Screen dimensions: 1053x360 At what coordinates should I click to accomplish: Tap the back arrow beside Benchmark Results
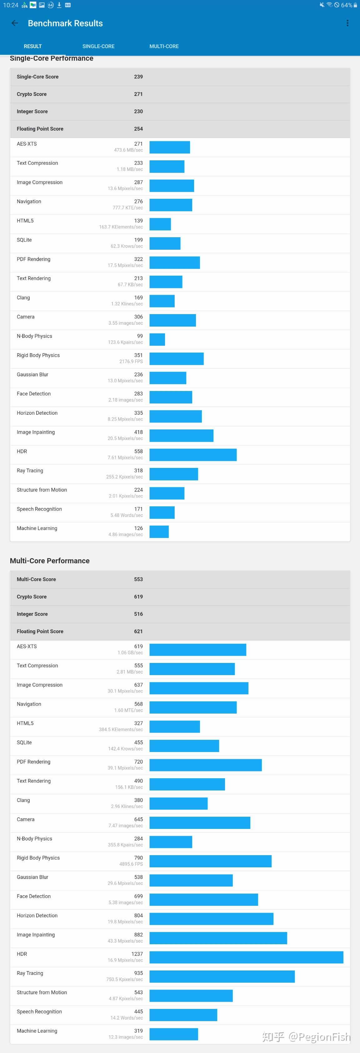pyautogui.click(x=15, y=23)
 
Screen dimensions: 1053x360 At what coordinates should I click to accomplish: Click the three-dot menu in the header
pyautogui.click(x=347, y=23)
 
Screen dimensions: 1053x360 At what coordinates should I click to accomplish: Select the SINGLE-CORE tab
pyautogui.click(x=98, y=46)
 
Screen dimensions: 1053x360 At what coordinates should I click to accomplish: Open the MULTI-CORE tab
pyautogui.click(x=164, y=46)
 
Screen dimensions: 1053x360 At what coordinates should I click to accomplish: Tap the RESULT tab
pyautogui.click(x=33, y=46)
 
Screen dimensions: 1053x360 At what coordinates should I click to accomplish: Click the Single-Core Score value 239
pyautogui.click(x=138, y=77)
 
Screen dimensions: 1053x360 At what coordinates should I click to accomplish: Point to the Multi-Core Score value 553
pyautogui.click(x=138, y=579)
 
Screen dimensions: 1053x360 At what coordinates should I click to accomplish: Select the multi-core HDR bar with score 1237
pyautogui.click(x=246, y=957)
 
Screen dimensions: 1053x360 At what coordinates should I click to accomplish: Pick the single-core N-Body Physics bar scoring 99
pyautogui.click(x=157, y=340)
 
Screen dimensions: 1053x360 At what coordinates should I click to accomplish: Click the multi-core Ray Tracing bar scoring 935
pyautogui.click(x=222, y=976)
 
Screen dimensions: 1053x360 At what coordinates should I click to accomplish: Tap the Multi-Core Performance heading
pyautogui.click(x=50, y=561)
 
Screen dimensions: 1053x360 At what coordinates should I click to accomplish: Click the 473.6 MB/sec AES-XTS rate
pyautogui.click(x=128, y=150)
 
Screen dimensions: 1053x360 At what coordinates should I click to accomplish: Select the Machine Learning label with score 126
pyautogui.click(x=37, y=528)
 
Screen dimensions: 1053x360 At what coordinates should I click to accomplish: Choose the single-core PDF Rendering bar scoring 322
pyautogui.click(x=174, y=263)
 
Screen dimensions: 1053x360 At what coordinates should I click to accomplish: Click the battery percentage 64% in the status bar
pyautogui.click(x=347, y=5)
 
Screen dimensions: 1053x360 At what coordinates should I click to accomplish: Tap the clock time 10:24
pyautogui.click(x=11, y=5)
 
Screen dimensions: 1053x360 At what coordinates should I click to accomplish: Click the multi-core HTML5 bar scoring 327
pyautogui.click(x=174, y=727)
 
